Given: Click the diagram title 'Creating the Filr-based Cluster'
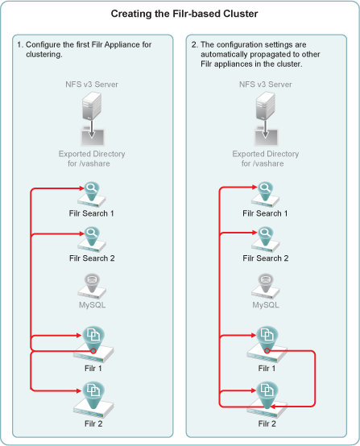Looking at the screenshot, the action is click(184, 14).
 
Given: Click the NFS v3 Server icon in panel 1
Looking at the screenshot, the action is click(92, 105).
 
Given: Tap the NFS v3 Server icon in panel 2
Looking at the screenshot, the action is click(265, 105).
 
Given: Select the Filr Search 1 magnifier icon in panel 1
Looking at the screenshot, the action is click(92, 195).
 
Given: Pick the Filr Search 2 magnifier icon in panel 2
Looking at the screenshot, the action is click(265, 239).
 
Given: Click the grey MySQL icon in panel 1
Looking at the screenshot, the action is click(92, 286).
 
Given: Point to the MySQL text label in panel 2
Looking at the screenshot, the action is click(266, 305).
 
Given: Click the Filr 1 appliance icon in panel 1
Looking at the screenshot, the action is click(93, 345).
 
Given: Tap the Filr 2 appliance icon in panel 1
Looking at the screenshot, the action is click(93, 400).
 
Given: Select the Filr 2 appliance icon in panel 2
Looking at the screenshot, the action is click(267, 400).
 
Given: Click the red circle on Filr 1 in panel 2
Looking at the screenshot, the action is click(267, 351).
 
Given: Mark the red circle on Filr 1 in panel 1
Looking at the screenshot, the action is click(93, 351).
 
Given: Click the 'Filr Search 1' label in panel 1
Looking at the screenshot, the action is click(91, 213).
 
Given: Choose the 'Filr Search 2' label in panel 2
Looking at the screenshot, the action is click(266, 258).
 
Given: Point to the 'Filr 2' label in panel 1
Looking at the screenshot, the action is click(93, 423).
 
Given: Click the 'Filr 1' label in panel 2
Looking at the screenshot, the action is click(267, 369).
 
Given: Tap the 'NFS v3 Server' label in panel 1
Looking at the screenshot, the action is click(92, 85).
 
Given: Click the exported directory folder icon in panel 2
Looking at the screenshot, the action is click(266, 137).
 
